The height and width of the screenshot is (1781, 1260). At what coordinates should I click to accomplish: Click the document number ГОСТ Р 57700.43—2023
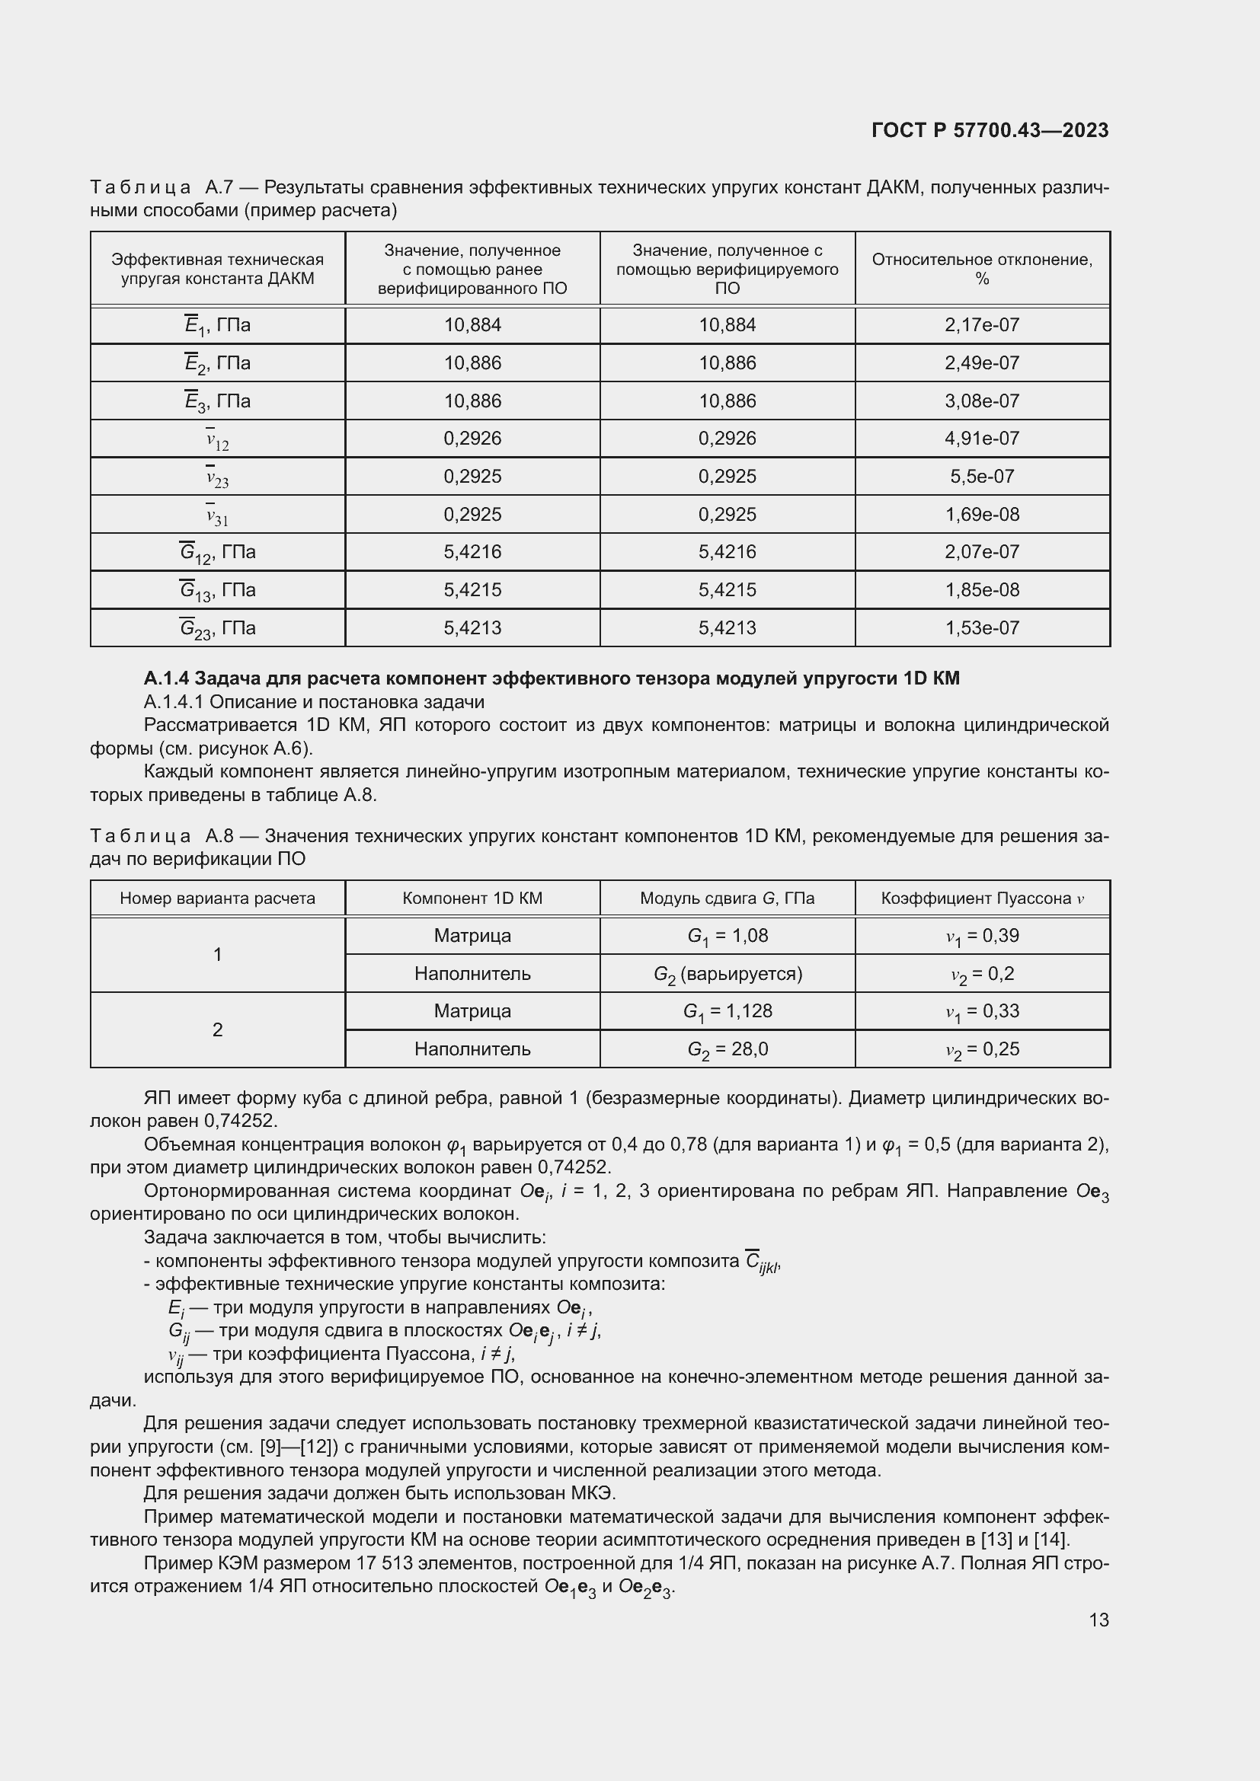[x=990, y=130]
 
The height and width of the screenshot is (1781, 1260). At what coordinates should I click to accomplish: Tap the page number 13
[x=1099, y=1620]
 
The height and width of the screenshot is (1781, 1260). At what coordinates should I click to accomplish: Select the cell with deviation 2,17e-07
[x=981, y=325]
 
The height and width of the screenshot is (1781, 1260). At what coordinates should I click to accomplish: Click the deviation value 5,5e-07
[x=981, y=476]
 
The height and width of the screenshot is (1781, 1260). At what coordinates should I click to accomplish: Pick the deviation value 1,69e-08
[x=981, y=514]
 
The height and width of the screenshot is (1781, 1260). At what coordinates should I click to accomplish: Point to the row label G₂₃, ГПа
[x=217, y=628]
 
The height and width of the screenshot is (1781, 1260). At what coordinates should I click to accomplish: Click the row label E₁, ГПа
[x=217, y=325]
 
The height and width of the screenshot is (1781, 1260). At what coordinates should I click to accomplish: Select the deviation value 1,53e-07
[x=981, y=628]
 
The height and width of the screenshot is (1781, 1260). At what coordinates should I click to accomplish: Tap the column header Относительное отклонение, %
[x=981, y=268]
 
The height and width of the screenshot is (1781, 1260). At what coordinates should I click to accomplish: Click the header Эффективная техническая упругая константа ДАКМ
[x=217, y=268]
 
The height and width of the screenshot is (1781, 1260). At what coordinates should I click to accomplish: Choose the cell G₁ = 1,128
[x=727, y=1011]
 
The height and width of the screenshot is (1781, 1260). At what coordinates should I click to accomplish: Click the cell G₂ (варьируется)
[x=727, y=975]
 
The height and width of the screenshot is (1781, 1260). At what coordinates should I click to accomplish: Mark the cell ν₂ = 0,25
[x=981, y=1049]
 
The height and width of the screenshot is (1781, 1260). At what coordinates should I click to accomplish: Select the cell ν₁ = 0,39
[x=981, y=937]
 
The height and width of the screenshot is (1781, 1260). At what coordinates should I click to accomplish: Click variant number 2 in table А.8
[x=217, y=1030]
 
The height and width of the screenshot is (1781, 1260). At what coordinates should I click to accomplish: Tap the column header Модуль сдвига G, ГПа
[x=727, y=898]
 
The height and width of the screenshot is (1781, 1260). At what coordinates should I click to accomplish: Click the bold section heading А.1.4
[x=551, y=678]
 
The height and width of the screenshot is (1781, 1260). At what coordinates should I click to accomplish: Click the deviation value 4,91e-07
[x=981, y=439]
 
